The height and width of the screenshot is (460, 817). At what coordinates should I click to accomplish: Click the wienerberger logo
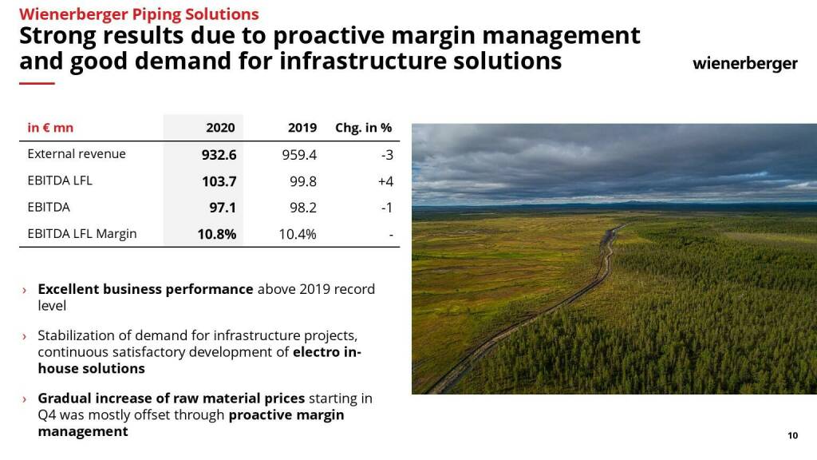coord(744,64)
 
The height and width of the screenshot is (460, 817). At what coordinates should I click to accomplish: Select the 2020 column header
coord(220,128)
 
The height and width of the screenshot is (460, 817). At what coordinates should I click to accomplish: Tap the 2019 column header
coord(302,128)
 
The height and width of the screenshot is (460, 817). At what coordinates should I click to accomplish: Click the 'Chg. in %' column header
coord(363,128)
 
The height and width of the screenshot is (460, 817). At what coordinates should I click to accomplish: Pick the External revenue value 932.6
coord(219,155)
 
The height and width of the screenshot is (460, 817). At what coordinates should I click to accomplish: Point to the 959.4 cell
coord(299,155)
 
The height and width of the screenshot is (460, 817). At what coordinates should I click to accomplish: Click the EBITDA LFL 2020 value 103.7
coord(219,181)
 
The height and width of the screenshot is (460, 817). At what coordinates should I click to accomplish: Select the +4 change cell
coord(385,181)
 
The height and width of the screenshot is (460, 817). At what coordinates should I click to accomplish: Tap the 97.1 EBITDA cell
coord(223,208)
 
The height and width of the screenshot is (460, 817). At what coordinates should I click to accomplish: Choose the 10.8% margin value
coord(217,234)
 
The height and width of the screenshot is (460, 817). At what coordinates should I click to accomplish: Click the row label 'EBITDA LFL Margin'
coord(82,234)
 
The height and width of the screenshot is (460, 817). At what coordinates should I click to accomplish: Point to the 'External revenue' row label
coord(77,154)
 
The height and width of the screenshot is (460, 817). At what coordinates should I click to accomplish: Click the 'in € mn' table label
coord(50,128)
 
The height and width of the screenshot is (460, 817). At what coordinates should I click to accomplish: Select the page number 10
coord(792,435)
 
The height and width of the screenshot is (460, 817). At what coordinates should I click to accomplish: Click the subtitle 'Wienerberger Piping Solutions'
coord(139,14)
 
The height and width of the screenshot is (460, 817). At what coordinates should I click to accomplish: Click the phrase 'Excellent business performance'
coord(145,289)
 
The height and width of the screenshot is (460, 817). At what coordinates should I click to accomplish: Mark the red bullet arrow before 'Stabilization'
coord(25,336)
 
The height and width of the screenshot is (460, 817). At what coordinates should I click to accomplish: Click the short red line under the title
coord(37,83)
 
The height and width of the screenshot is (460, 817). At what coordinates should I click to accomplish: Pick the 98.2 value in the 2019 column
coord(303,208)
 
